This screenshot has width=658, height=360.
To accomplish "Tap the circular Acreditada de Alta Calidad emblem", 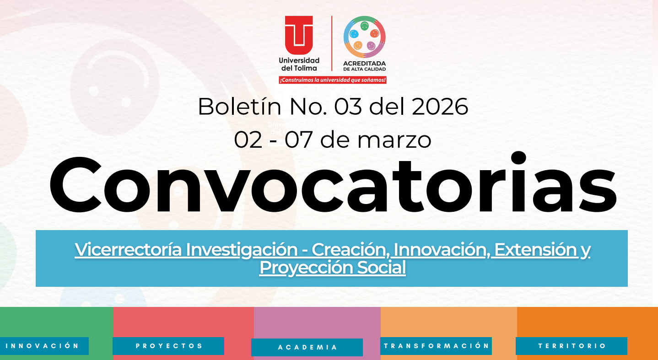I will coord(364,37).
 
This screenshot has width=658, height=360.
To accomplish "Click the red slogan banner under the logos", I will coord(333,80).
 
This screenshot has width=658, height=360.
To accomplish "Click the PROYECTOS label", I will coord(169,346).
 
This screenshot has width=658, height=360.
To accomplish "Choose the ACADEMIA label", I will coord(307,347).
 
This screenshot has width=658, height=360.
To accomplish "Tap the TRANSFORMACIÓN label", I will coord(436,346).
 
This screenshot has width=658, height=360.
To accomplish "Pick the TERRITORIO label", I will coord(572,346).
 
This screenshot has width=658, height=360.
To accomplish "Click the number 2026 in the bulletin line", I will coord(440,107).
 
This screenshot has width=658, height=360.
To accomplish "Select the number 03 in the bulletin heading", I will coord(348,107).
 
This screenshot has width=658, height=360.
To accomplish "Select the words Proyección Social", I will coord(333,268).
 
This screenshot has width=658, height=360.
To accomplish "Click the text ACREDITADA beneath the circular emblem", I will coord(364,63).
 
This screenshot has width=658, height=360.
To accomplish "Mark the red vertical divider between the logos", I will coord(332,43).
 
